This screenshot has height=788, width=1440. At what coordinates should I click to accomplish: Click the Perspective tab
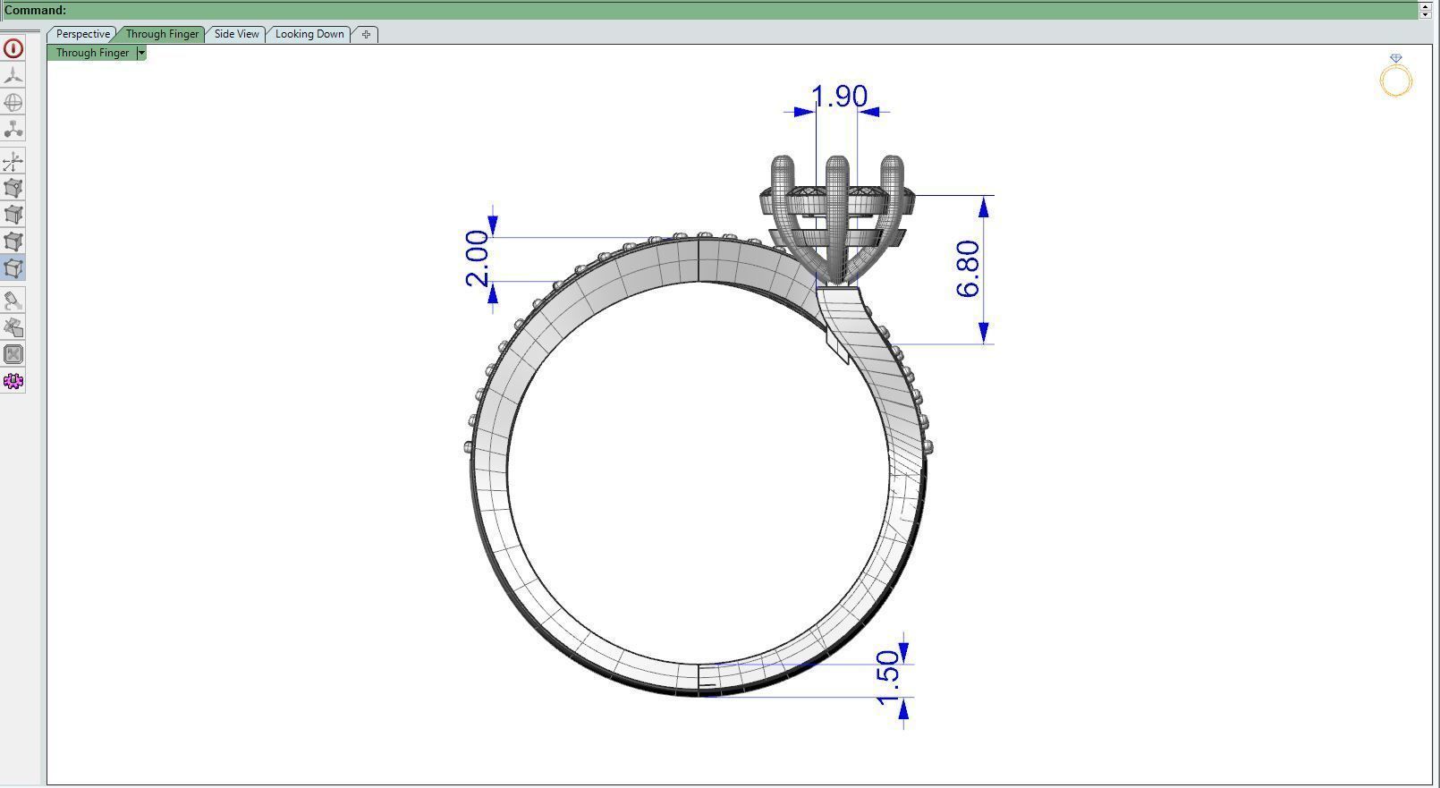pyautogui.click(x=82, y=34)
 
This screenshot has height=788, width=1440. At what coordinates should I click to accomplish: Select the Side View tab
pyautogui.click(x=236, y=34)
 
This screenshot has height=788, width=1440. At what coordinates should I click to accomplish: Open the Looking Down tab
pyautogui.click(x=309, y=34)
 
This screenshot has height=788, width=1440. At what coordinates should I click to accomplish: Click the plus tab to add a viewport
pyautogui.click(x=366, y=34)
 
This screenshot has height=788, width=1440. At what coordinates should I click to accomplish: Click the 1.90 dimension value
pyautogui.click(x=839, y=97)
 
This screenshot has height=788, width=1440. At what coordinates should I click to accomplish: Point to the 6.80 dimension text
pyautogui.click(x=968, y=268)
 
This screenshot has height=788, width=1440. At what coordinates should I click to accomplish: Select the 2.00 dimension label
pyautogui.click(x=478, y=258)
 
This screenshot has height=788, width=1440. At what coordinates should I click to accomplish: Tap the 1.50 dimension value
pyautogui.click(x=887, y=677)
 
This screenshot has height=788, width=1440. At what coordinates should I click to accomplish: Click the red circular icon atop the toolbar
pyautogui.click(x=13, y=48)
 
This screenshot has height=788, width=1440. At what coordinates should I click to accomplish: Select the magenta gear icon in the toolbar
pyautogui.click(x=13, y=381)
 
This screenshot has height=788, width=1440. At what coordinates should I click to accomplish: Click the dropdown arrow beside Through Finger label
pyautogui.click(x=141, y=53)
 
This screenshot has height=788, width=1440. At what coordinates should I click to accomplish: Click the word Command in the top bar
pyautogui.click(x=35, y=10)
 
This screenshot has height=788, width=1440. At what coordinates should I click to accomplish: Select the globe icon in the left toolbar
pyautogui.click(x=13, y=102)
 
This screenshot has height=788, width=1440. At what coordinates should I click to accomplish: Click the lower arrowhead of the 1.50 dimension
pyautogui.click(x=903, y=709)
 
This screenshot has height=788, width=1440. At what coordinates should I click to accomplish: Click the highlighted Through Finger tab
pyautogui.click(x=162, y=34)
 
